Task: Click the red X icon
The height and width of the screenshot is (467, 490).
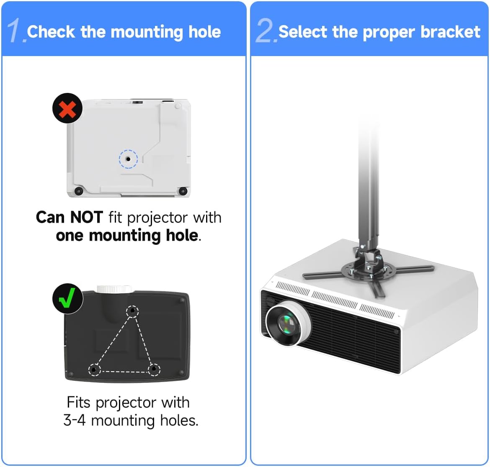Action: coord(67,108)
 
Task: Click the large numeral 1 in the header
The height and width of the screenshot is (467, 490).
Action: coord(15,31)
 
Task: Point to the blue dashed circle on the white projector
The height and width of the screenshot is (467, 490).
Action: coord(128,159)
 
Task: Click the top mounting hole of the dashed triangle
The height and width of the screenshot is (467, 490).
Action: coord(132,311)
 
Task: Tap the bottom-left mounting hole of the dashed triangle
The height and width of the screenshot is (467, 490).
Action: coord(94,370)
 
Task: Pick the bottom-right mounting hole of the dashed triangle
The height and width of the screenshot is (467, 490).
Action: coord(154,369)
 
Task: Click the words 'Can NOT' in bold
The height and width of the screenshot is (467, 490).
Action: coord(69,218)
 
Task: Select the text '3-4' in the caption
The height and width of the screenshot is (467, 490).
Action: coord(75,420)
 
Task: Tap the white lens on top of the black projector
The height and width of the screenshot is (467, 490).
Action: coord(114,289)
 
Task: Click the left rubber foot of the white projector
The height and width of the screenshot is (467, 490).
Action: coord(78,191)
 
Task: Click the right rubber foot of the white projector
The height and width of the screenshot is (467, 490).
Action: coord(183,191)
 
